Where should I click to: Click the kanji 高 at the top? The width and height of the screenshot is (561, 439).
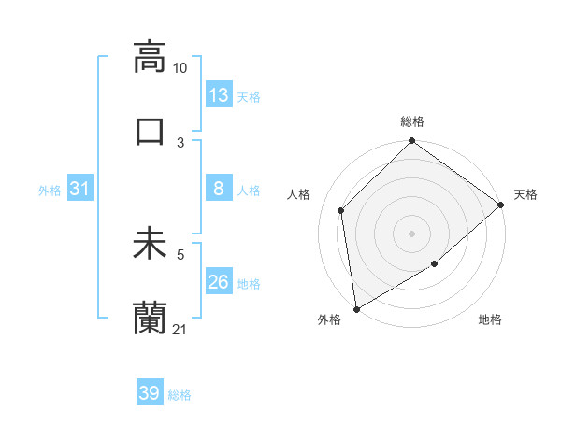(x=150, y=57)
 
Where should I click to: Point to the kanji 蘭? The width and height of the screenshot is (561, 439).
(x=150, y=319)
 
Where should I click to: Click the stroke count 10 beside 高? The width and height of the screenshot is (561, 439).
(x=180, y=68)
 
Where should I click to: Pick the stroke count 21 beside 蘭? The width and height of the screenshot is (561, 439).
(x=180, y=330)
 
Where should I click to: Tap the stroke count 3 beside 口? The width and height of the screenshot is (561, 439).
(x=180, y=142)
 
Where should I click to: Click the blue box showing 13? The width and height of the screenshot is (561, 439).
(x=219, y=95)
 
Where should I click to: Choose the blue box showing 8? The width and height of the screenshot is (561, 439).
(x=219, y=189)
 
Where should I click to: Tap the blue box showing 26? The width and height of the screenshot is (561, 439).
(x=219, y=282)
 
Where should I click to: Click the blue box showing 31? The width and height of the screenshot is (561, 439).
(x=80, y=189)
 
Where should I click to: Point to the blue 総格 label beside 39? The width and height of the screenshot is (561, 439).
(x=180, y=395)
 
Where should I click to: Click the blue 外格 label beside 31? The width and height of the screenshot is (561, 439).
(x=50, y=191)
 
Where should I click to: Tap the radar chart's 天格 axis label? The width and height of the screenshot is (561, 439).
(x=525, y=194)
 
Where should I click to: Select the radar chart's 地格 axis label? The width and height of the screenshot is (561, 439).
(x=490, y=320)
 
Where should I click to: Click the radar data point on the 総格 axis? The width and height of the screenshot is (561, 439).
(x=411, y=142)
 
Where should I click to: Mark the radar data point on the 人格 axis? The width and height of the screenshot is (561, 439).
(x=341, y=210)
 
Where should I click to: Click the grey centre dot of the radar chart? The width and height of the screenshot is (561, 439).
(x=411, y=233)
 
